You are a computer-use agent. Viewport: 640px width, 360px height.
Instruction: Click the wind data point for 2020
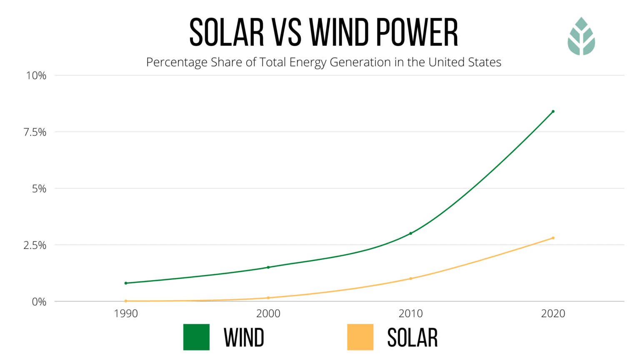(x=553, y=111)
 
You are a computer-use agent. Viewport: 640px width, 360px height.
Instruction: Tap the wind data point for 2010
(x=410, y=233)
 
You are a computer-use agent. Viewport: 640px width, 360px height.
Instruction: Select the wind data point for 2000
(x=268, y=267)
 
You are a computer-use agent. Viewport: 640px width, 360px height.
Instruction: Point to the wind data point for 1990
(x=126, y=283)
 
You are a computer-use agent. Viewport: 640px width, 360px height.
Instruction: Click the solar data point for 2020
(x=553, y=238)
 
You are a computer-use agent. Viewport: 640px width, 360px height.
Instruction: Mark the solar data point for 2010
(x=410, y=278)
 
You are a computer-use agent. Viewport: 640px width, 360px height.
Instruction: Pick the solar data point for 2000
(x=268, y=298)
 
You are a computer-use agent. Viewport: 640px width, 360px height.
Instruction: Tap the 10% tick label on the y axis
(x=36, y=75)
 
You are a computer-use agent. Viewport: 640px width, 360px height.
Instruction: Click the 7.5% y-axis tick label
(x=35, y=132)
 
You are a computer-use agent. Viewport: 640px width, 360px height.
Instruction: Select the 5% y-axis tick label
(x=39, y=189)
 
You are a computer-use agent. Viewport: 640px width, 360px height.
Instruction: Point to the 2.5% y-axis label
(x=35, y=245)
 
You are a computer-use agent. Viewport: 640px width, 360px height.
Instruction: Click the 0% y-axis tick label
(x=39, y=302)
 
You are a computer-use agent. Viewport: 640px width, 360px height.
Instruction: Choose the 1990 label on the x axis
(x=126, y=313)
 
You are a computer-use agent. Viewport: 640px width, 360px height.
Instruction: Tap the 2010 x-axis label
(x=410, y=313)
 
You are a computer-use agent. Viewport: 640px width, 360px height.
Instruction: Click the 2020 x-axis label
(x=553, y=313)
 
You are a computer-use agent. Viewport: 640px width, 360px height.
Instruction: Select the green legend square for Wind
(x=196, y=337)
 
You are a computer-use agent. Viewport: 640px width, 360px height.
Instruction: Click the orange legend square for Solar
(x=360, y=337)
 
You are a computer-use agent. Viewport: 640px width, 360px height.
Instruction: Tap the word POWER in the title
(x=417, y=32)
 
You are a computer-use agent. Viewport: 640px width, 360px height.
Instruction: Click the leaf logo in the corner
(x=581, y=36)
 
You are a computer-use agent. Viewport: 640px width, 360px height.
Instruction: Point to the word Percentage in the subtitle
(x=177, y=62)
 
